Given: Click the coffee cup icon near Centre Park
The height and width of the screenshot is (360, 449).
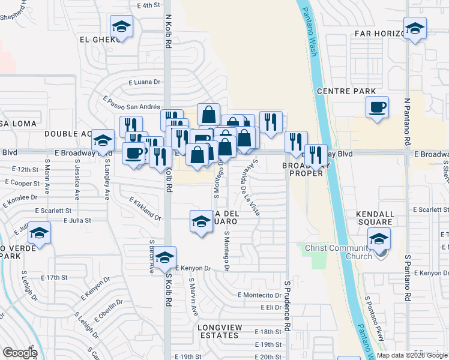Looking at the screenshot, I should (x=377, y=108).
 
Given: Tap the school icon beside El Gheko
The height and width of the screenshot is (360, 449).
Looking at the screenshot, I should (x=121, y=27).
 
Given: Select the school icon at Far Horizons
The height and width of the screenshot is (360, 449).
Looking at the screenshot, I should (x=415, y=28).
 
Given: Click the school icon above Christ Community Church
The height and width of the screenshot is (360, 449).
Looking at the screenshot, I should (x=379, y=239).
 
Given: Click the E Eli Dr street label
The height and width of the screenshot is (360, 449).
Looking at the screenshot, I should (x=271, y=307).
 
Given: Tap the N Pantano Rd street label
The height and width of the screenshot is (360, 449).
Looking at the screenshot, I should (x=406, y=120).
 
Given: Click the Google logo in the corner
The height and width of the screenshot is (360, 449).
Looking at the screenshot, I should (x=20, y=353).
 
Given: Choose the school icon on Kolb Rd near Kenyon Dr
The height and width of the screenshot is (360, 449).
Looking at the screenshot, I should (x=164, y=257).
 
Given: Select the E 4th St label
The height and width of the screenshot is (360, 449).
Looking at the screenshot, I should (x=149, y=5).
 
